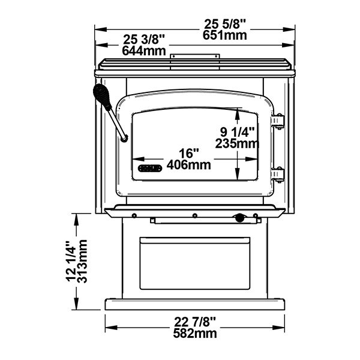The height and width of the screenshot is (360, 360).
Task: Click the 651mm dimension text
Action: point(225,35)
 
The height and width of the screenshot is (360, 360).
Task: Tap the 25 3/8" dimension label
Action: point(144,40)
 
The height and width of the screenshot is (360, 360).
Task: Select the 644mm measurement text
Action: point(144,51)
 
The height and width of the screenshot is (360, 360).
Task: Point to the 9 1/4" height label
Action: point(238,132)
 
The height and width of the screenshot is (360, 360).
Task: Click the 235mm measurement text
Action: point(237,143)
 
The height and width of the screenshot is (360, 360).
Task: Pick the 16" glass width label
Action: point(189,154)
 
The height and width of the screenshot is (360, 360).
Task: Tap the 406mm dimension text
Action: point(189,164)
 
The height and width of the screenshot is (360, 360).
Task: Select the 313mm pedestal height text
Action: point(82,261)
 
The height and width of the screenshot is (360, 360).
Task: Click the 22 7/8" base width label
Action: point(195,322)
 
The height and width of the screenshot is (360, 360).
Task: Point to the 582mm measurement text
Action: point(195,334)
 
